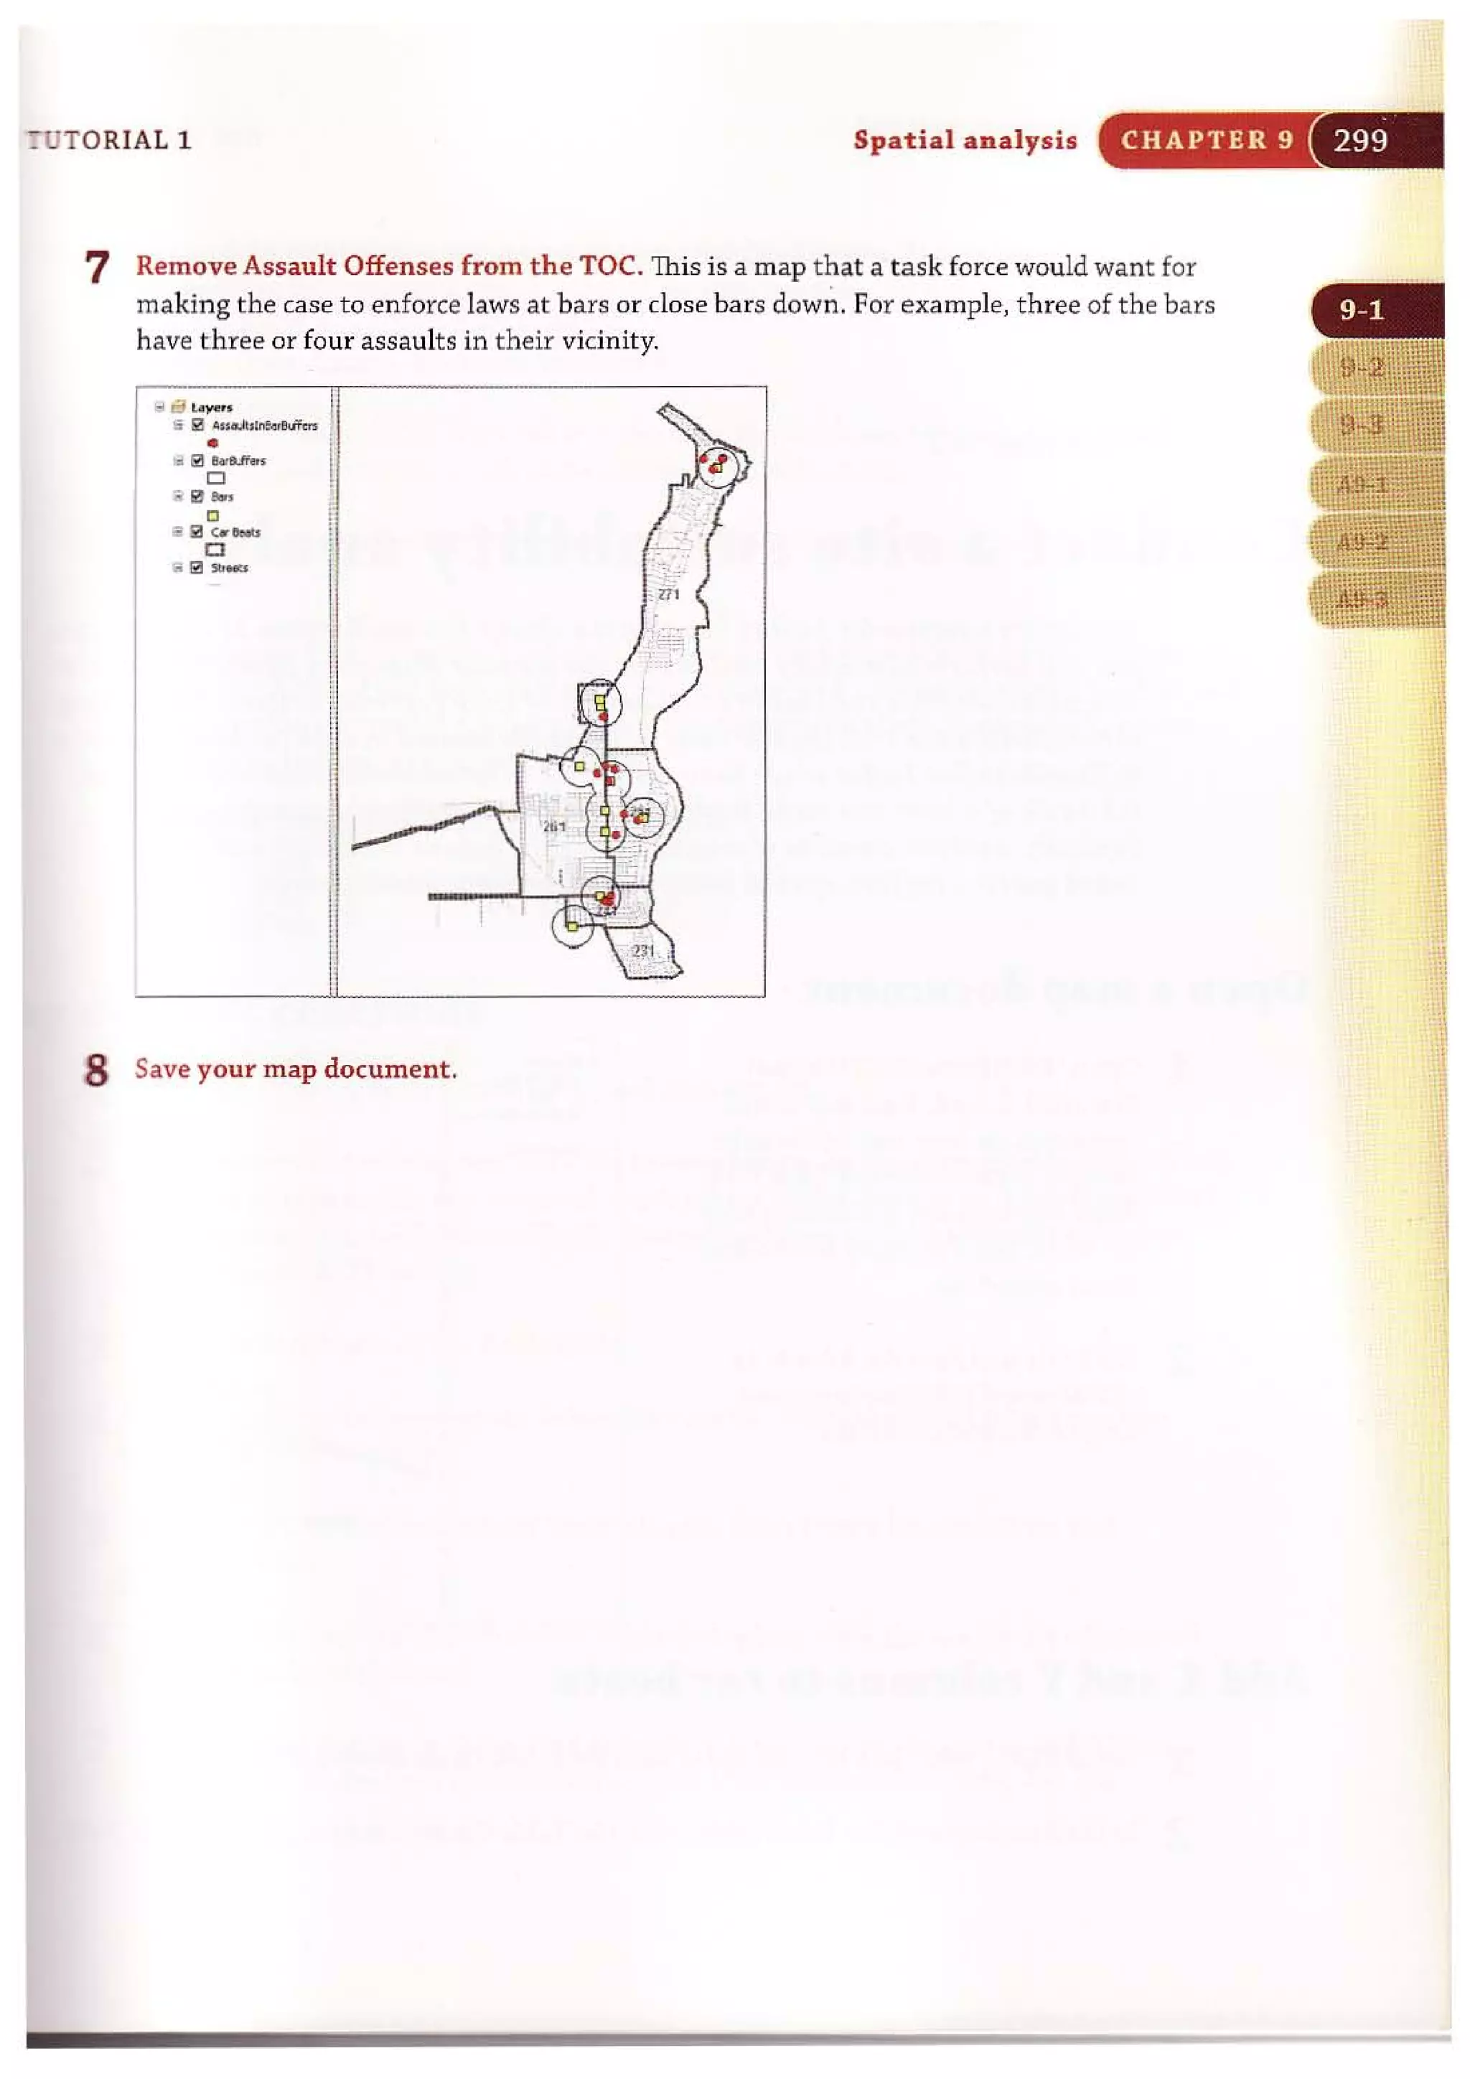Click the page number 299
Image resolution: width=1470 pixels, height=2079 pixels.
pyautogui.click(x=1359, y=141)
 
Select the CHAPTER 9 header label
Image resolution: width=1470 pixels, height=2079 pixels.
pyautogui.click(x=1207, y=141)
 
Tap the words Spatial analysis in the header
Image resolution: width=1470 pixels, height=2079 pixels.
pyautogui.click(x=965, y=141)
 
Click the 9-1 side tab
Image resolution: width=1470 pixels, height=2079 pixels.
pyautogui.click(x=1362, y=311)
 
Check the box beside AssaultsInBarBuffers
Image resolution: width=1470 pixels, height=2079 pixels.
pyautogui.click(x=197, y=425)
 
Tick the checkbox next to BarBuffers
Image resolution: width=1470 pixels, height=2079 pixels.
pyautogui.click(x=197, y=460)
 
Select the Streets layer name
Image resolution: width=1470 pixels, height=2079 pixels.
pyautogui.click(x=229, y=568)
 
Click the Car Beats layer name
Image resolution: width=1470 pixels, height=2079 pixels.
pyautogui.click(x=235, y=532)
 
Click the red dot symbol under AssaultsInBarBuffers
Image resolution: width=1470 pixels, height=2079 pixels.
pyautogui.click(x=213, y=443)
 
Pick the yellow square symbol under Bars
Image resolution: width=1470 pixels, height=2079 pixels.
pyautogui.click(x=213, y=515)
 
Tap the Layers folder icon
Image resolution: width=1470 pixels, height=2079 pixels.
pyautogui.click(x=179, y=407)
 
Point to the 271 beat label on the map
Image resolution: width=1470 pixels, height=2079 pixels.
pyautogui.click(x=668, y=595)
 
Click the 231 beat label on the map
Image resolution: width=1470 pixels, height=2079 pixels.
pyautogui.click(x=643, y=951)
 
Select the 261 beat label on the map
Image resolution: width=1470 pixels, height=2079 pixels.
pyautogui.click(x=553, y=826)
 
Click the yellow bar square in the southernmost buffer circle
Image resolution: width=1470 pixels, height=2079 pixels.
pyautogui.click(x=571, y=926)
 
